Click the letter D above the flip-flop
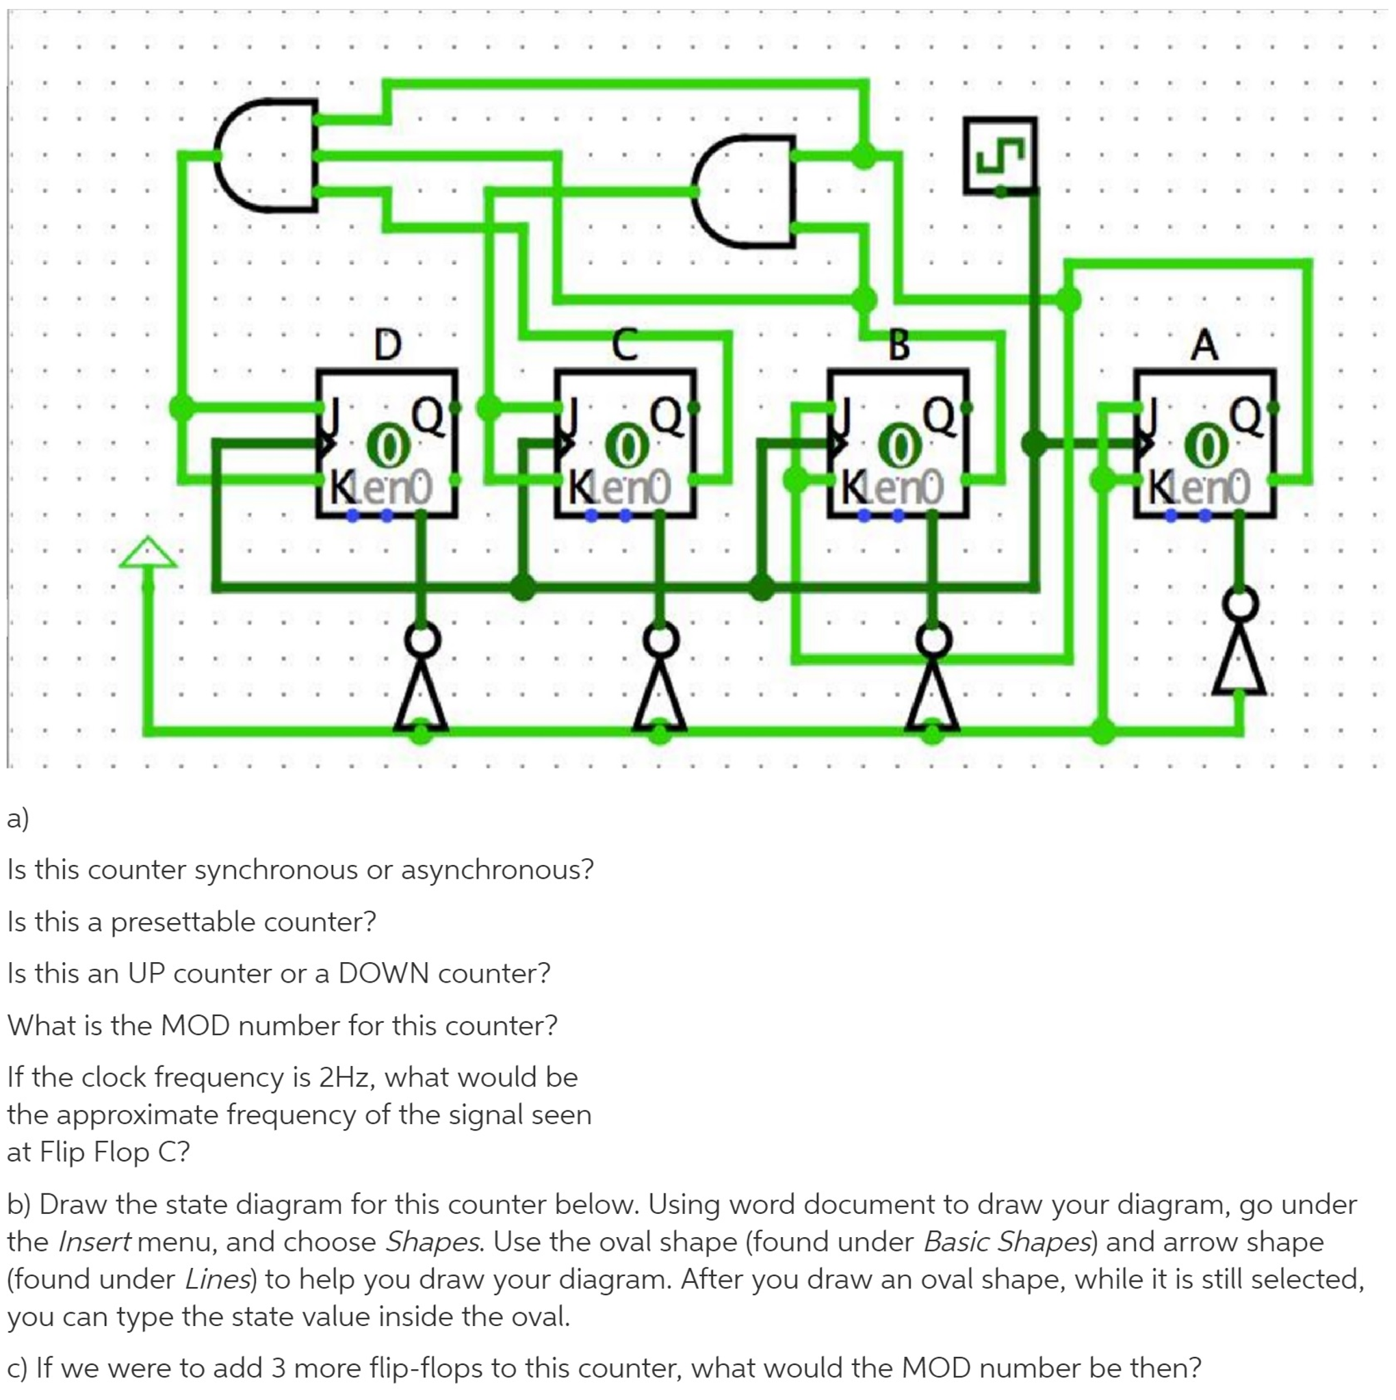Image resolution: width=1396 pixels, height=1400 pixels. [388, 345]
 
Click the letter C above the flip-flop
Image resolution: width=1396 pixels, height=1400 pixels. [625, 345]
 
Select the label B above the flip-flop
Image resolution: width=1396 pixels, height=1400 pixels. [899, 345]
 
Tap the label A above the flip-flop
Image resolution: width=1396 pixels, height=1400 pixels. [1204, 345]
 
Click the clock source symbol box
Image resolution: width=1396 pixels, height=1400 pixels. [1000, 155]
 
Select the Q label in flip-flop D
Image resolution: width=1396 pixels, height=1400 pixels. [428, 418]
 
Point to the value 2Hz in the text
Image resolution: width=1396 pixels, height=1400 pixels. [344, 1077]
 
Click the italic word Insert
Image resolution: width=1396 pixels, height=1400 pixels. [94, 1241]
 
